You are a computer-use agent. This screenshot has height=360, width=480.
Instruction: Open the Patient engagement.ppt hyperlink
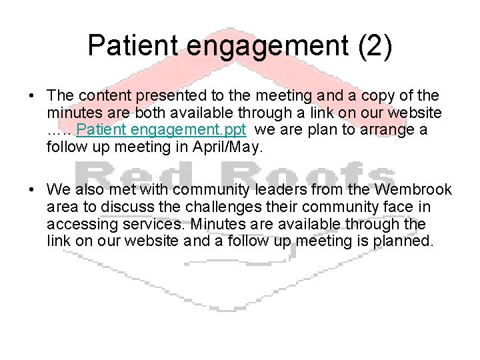[162, 129]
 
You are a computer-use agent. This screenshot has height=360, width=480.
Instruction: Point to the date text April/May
[229, 147]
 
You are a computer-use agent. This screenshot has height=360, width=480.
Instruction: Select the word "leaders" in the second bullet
[302, 190]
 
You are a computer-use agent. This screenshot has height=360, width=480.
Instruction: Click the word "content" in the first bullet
[104, 95]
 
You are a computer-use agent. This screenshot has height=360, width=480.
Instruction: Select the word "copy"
[389, 95]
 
